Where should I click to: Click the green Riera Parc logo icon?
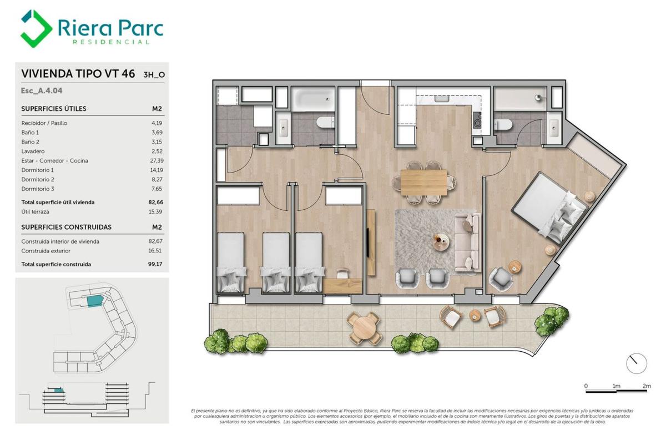pyautogui.click(x=36, y=28)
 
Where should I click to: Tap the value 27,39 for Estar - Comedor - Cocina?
pyautogui.click(x=157, y=161)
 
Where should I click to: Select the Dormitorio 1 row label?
pyautogui.click(x=38, y=170)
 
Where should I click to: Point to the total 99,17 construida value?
pyautogui.click(x=155, y=264)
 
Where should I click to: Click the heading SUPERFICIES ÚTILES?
pyautogui.click(x=54, y=109)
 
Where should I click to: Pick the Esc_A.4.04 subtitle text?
pyautogui.click(x=42, y=90)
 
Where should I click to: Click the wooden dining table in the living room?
pyautogui.click(x=423, y=182)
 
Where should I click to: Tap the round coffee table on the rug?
pyautogui.click(x=441, y=242)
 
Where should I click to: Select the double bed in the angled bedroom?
pyautogui.click(x=549, y=208)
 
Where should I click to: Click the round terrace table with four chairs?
pyautogui.click(x=364, y=328)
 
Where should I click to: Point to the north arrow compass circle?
pyautogui.click(x=637, y=363)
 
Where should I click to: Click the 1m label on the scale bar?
pyautogui.click(x=616, y=386)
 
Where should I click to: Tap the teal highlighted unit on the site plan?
pyautogui.click(x=95, y=301)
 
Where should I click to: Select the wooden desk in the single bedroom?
pyautogui.click(x=342, y=285)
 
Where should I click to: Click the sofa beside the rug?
pyautogui.click(x=467, y=242)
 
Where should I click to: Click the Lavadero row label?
pyautogui.click(x=33, y=151)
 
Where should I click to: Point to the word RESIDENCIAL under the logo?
pyautogui.click(x=110, y=42)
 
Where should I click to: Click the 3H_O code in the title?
pyautogui.click(x=154, y=75)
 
